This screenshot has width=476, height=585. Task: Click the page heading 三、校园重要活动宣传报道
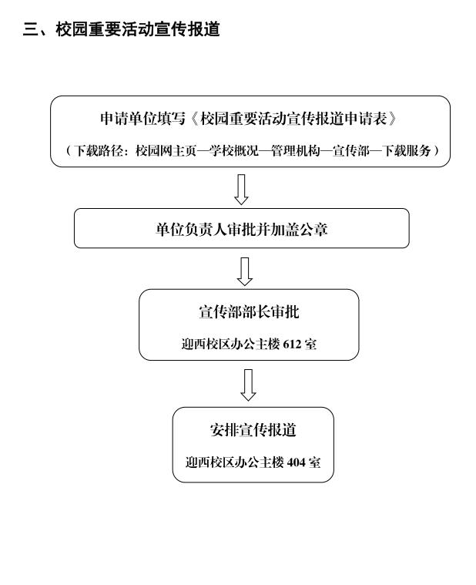(122, 29)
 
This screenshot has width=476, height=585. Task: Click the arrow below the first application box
(241, 189)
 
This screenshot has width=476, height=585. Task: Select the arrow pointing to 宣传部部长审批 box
(244, 271)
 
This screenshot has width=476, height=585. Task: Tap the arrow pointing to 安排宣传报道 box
(248, 385)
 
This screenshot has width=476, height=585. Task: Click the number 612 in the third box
(292, 344)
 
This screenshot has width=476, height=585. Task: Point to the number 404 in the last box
(296, 462)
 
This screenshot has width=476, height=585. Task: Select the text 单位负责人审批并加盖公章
(242, 229)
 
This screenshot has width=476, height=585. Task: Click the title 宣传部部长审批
(249, 312)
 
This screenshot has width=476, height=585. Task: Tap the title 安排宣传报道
(253, 430)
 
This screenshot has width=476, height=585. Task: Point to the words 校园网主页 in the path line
(166, 151)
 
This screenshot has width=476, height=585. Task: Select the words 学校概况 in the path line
(233, 151)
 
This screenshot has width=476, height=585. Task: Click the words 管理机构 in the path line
(296, 151)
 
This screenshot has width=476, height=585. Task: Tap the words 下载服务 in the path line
(406, 151)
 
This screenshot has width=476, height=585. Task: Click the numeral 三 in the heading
(31, 29)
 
